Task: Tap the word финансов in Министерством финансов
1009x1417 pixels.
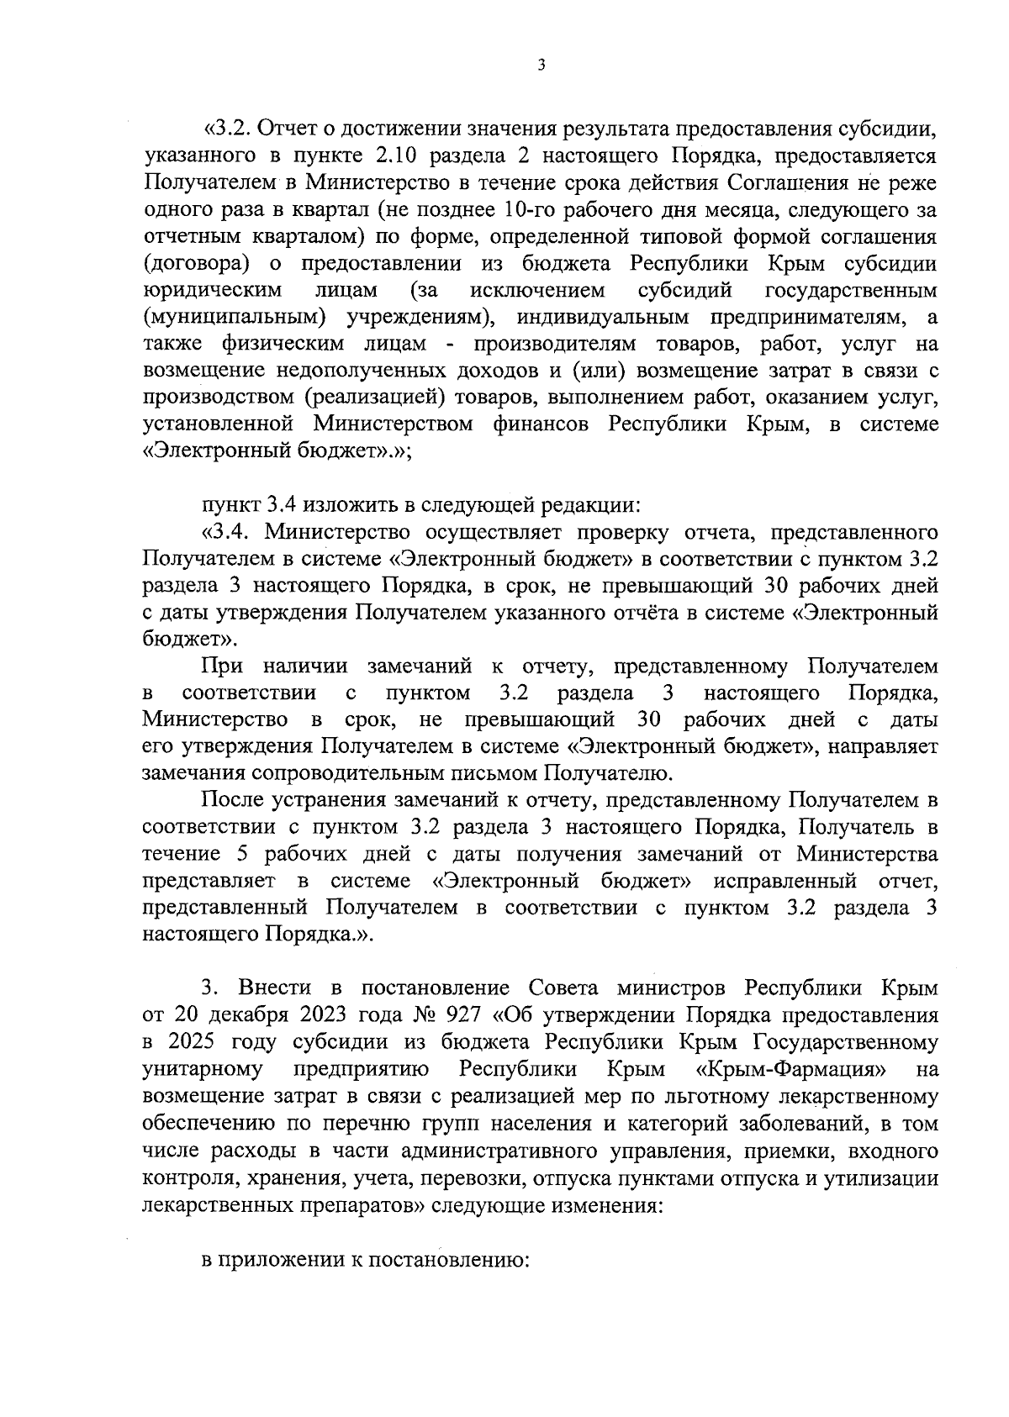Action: pyautogui.click(x=544, y=424)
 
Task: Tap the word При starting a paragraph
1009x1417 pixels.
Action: pyautogui.click(x=223, y=666)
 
